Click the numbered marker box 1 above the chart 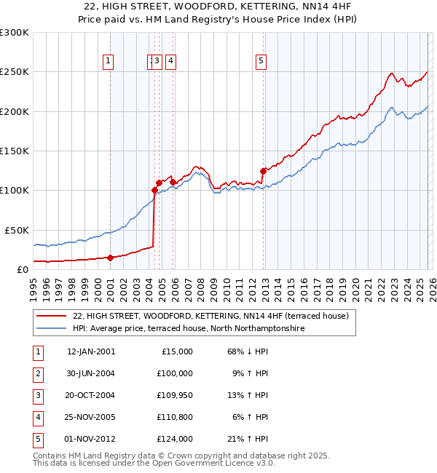[108, 62]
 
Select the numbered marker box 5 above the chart [261, 62]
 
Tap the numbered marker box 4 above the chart [170, 62]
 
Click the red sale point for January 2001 [110, 257]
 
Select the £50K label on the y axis [17, 230]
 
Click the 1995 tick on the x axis [33, 285]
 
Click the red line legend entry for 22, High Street [211, 316]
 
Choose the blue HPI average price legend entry [188, 329]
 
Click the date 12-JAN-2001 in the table [91, 351]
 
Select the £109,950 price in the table [175, 395]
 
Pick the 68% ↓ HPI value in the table [248, 351]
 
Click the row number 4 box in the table [37, 417]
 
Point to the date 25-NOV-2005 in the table [91, 417]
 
